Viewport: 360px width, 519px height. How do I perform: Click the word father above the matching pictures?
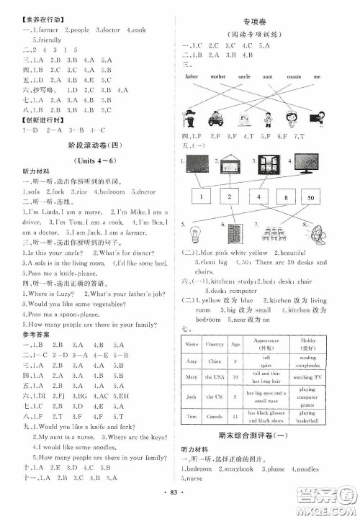click(192, 75)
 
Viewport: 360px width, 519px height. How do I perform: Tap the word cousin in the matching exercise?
click(294, 75)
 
